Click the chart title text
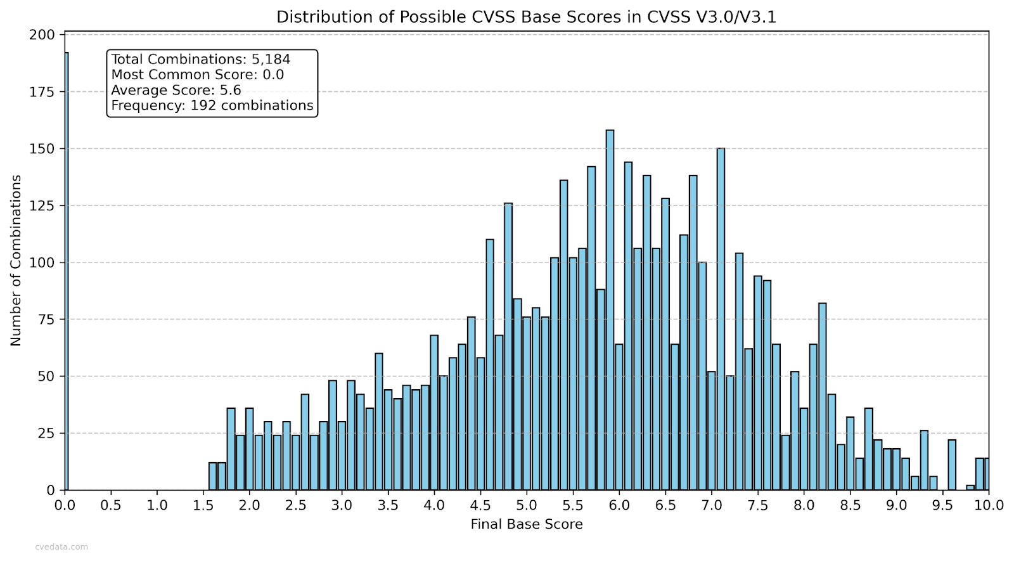point(526,17)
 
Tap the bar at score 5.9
point(610,310)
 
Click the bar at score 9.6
point(951,465)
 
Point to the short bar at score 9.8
point(970,487)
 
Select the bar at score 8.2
point(822,396)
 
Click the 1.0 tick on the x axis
point(157,505)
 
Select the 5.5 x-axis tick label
point(573,505)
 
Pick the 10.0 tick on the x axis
point(989,505)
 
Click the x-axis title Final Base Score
point(526,524)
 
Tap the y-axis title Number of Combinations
point(16,261)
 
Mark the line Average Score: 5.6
point(176,90)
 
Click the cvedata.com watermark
point(61,546)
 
